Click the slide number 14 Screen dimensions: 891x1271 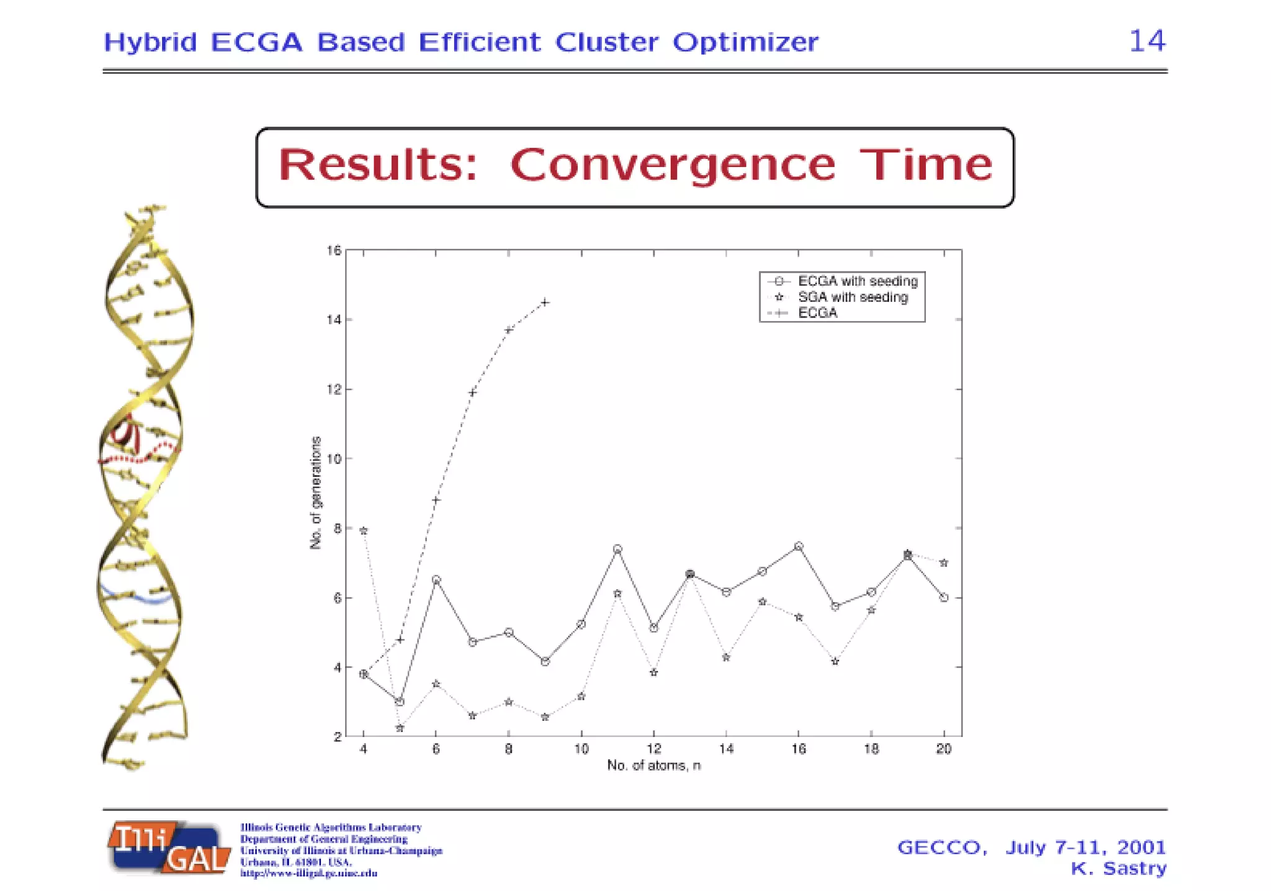point(1147,41)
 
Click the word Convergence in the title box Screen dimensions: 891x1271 point(673,165)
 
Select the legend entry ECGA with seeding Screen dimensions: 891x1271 point(857,281)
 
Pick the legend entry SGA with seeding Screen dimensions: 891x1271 point(852,297)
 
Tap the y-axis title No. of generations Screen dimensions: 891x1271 point(316,492)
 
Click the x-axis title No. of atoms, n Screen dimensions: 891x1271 point(653,766)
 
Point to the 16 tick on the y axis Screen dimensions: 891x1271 point(334,250)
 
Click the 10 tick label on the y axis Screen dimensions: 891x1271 point(334,459)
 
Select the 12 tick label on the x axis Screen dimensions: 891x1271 point(653,749)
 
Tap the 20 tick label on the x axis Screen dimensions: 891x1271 point(943,749)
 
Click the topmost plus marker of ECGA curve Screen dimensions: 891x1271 point(545,302)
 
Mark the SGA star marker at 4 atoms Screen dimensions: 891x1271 point(364,531)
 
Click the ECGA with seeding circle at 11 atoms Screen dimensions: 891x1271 point(618,550)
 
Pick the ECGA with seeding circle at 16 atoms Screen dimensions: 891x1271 point(799,546)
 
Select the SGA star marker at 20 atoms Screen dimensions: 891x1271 point(944,563)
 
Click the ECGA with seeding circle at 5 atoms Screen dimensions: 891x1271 point(400,702)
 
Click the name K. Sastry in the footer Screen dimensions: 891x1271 point(1118,869)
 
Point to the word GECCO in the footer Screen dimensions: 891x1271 point(941,848)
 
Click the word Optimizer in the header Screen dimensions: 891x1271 point(745,42)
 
